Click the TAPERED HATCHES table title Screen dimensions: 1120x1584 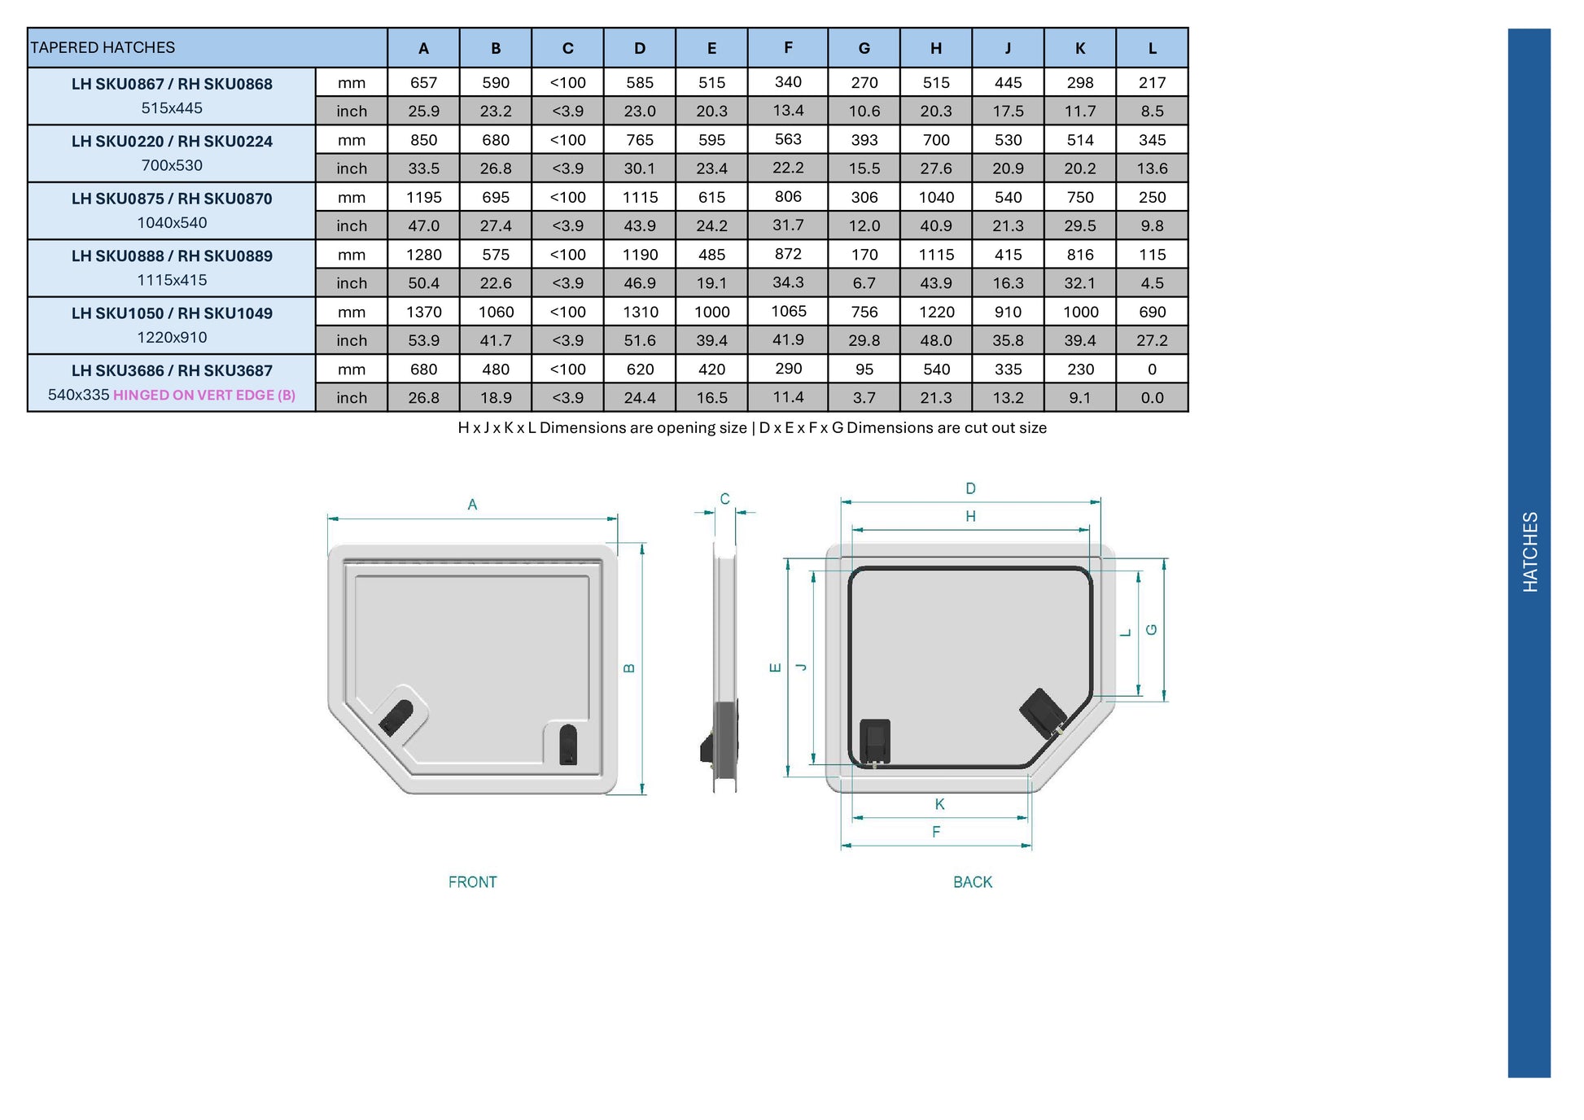103,48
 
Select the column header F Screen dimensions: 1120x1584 787,48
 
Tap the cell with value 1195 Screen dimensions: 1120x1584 423,198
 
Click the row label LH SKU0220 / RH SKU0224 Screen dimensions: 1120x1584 172,142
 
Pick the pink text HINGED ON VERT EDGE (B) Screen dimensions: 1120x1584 203,396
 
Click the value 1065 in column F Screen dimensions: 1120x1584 787,312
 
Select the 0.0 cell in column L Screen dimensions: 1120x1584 1151,398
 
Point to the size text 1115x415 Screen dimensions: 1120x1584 172,280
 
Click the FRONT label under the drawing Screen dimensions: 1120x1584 472,882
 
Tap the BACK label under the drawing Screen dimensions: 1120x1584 972,882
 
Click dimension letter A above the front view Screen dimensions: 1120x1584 472,505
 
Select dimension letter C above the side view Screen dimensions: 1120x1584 724,499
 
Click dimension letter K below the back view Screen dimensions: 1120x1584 939,804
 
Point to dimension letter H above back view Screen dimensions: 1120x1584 970,516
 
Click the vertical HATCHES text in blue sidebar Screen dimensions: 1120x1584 1529,552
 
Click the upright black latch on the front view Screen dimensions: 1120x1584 568,745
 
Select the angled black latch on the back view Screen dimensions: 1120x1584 1043,713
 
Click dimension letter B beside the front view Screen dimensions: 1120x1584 628,668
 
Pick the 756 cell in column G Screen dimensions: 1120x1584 864,312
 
